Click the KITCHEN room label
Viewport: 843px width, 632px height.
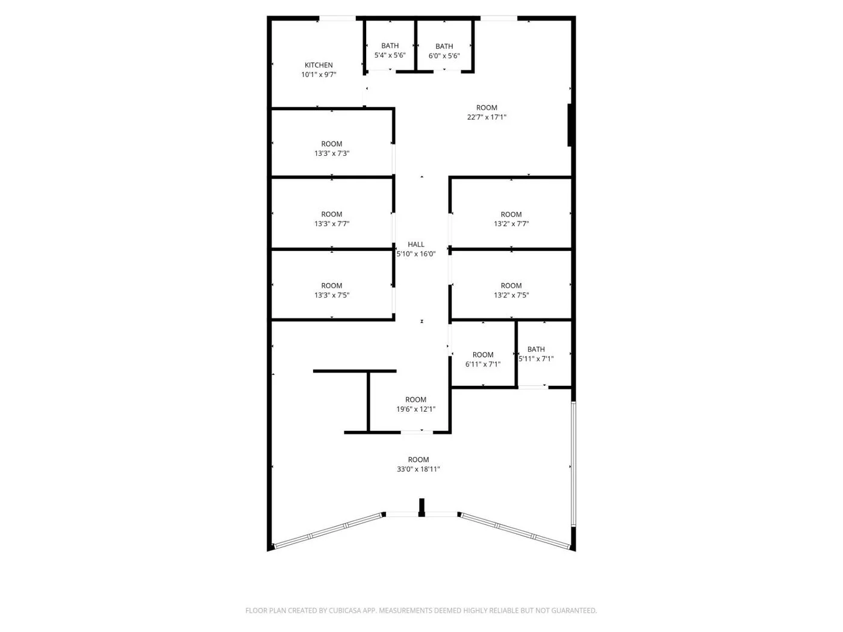(319, 65)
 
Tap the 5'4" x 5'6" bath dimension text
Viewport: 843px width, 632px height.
(390, 55)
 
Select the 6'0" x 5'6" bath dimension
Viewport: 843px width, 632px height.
(444, 55)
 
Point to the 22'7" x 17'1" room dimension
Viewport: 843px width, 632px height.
(487, 117)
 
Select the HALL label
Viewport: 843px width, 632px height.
(415, 244)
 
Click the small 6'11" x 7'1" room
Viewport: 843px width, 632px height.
(482, 359)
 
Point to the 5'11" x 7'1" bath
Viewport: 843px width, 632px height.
(536, 354)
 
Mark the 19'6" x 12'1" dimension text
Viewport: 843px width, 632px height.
(415, 409)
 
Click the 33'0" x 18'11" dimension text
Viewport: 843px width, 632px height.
(418, 469)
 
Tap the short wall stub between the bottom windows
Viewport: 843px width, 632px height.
(421, 507)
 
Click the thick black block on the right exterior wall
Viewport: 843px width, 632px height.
(570, 125)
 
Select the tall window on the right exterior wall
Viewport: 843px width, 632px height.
(573, 463)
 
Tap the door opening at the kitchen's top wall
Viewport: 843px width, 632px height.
(337, 19)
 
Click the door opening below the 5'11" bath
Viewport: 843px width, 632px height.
(533, 387)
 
